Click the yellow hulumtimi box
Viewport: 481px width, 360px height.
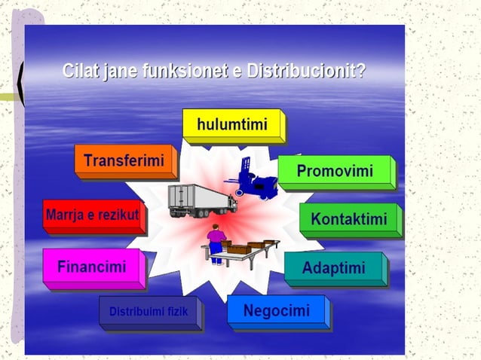232,124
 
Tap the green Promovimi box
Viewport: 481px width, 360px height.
335,171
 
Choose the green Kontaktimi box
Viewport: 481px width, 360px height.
349,219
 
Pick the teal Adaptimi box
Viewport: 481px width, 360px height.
333,267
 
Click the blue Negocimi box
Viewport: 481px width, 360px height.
276,310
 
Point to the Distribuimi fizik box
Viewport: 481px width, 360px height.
149,311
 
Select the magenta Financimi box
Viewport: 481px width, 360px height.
92,267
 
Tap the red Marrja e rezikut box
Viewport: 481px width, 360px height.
92,215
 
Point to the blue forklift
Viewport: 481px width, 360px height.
254,179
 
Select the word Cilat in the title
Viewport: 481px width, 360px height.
81,72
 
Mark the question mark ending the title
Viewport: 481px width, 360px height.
362,72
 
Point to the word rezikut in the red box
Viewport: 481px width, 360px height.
118,215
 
